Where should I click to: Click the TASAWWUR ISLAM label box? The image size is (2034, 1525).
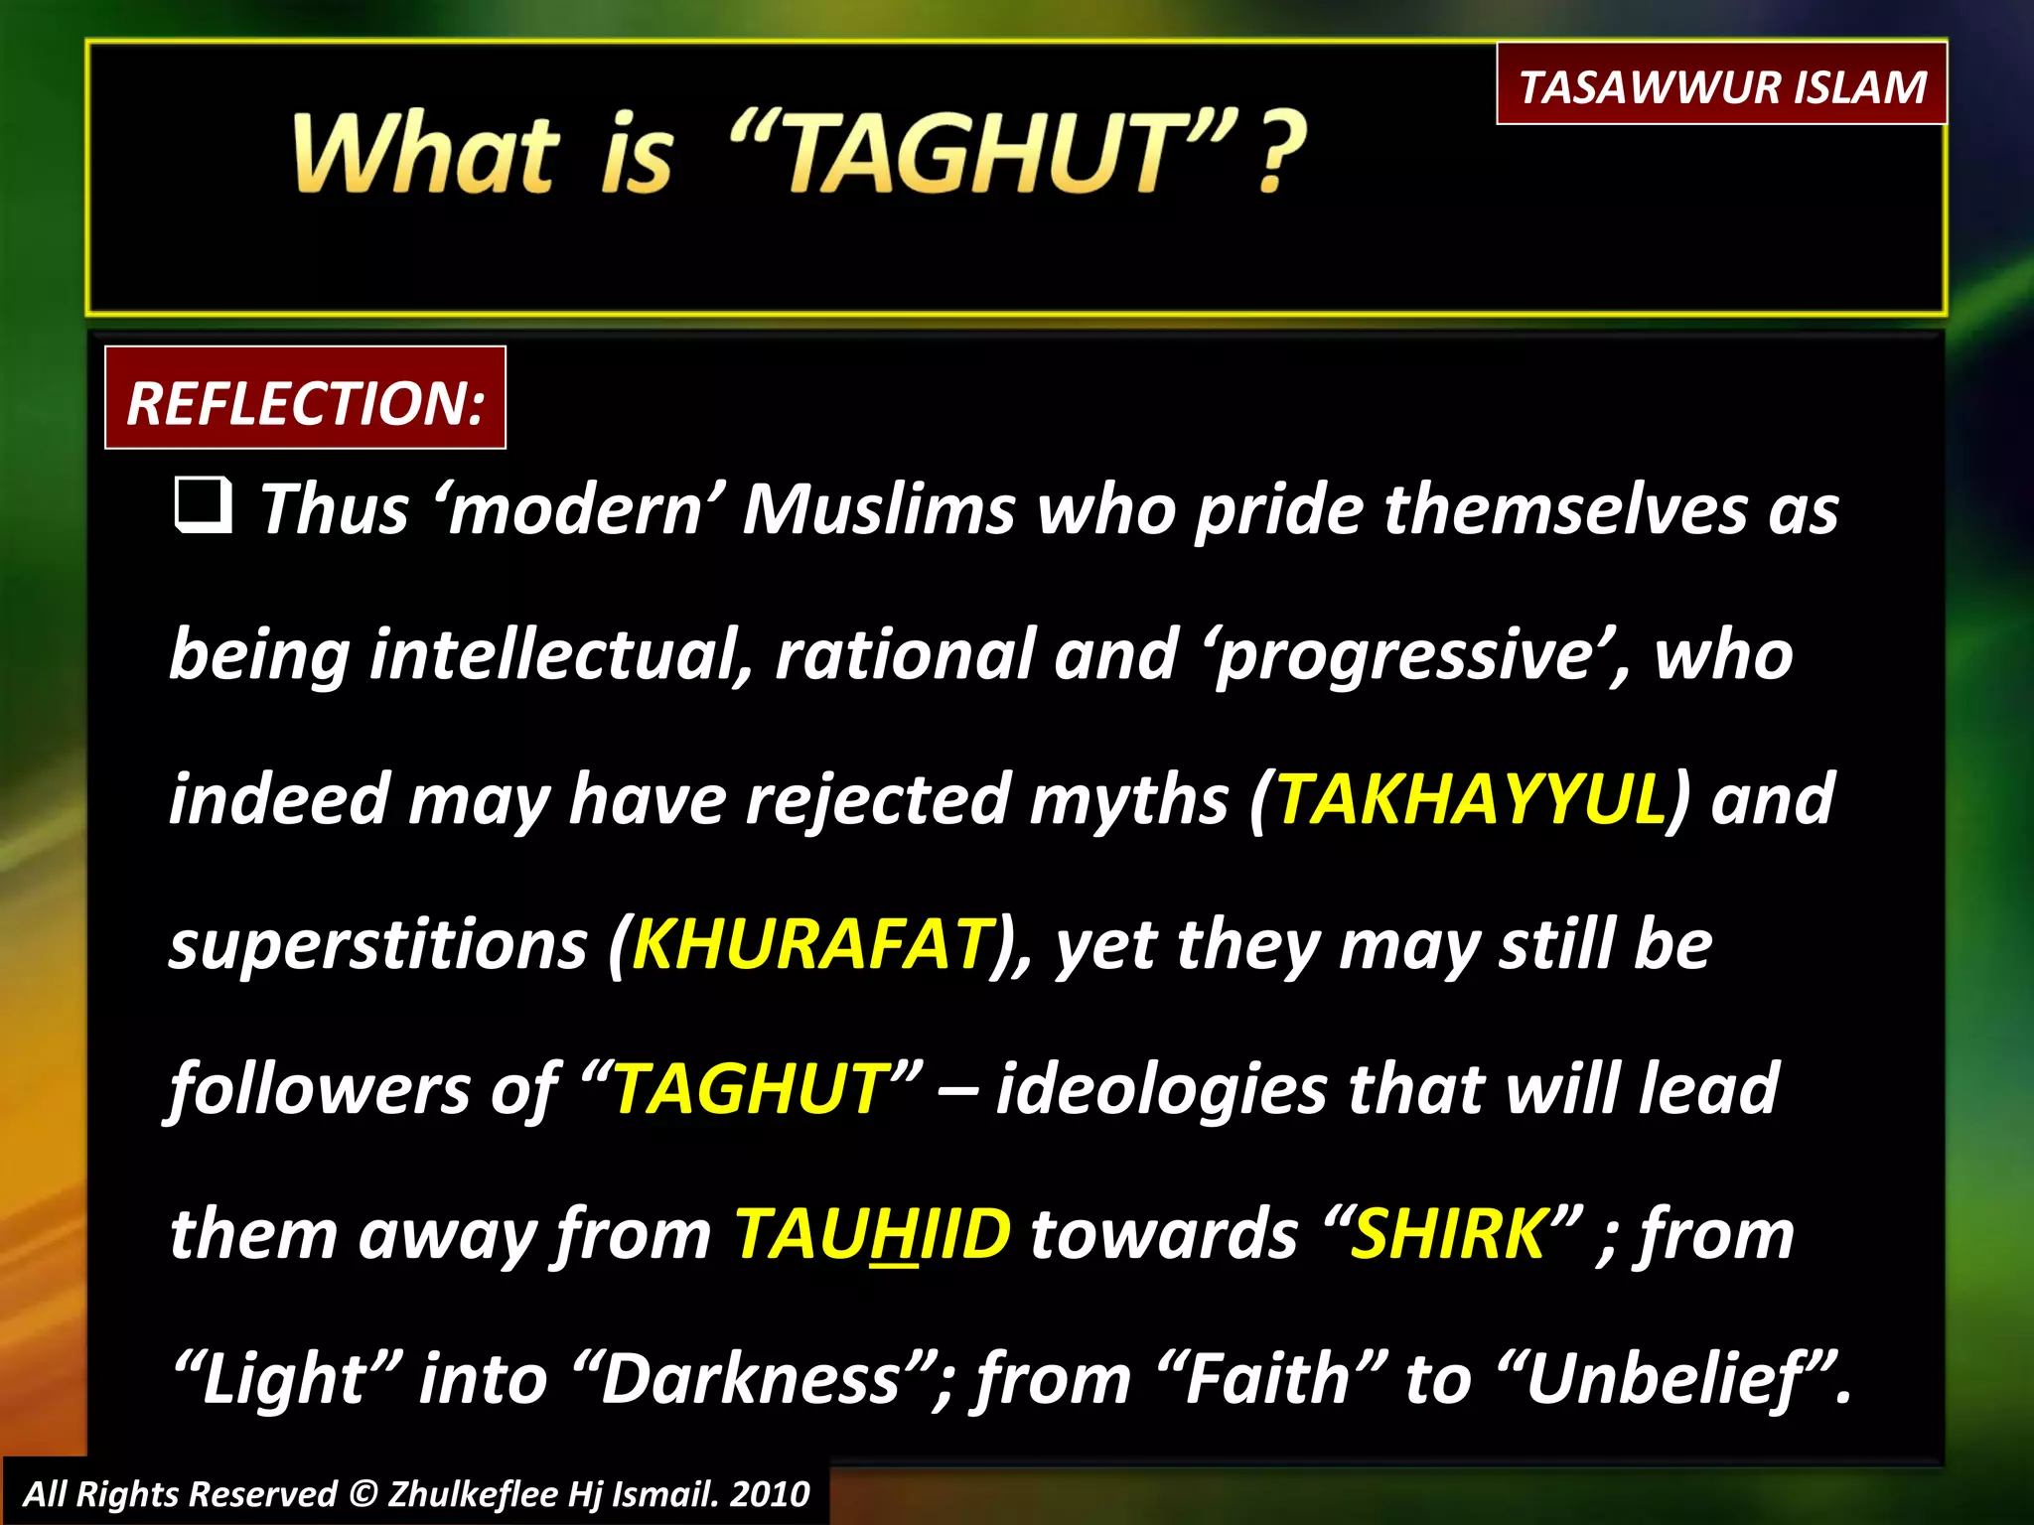1721,85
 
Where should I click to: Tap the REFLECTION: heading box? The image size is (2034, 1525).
305,400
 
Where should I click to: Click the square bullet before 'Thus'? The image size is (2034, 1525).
204,504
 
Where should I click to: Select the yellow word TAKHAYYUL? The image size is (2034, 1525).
1470,799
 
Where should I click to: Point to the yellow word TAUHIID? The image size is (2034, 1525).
872,1234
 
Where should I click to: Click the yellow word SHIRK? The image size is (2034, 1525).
1449,1234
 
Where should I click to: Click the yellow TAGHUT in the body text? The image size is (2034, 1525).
751,1088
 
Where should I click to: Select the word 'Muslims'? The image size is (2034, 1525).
879,509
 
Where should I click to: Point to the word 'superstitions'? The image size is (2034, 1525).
378,945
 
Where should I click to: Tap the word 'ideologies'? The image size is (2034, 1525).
1160,1090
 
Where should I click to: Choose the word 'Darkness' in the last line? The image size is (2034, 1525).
751,1379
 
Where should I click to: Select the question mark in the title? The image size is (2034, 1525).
1280,154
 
